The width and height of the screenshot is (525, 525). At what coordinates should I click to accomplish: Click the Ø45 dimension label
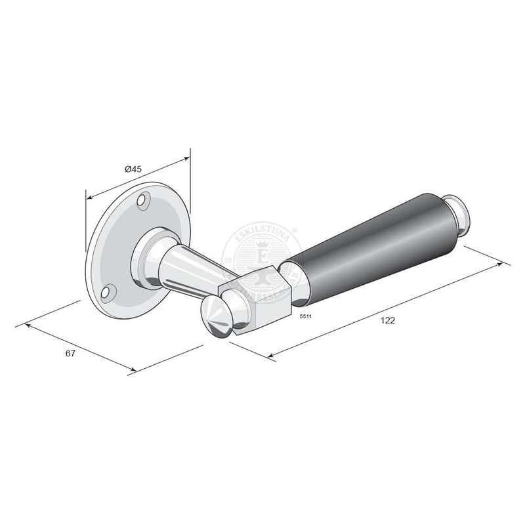tap(133, 169)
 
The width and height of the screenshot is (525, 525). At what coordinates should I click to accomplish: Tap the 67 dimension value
tap(70, 354)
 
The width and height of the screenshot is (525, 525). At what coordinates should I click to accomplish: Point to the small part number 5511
tap(304, 317)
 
